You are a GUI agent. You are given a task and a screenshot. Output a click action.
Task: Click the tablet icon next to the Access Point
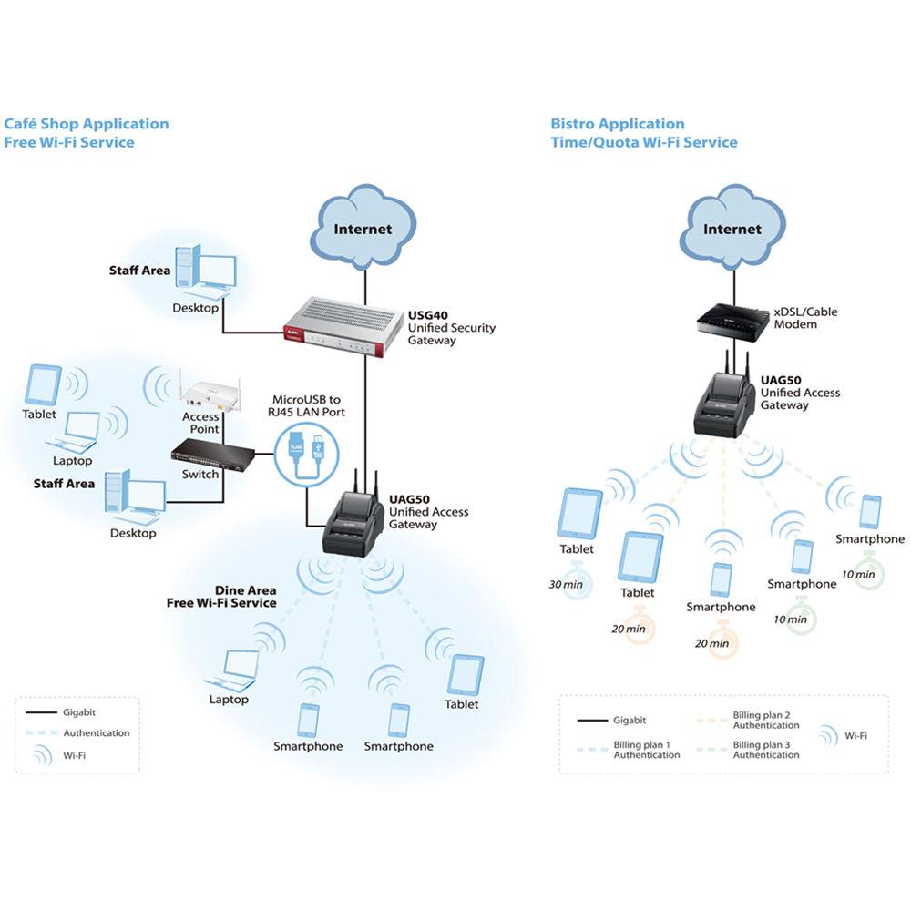click(x=44, y=384)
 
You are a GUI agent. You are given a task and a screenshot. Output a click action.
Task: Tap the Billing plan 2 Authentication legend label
click(x=765, y=721)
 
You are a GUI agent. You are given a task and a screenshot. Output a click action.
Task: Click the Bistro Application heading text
click(x=618, y=124)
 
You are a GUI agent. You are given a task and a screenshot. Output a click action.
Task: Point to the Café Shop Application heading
click(x=87, y=124)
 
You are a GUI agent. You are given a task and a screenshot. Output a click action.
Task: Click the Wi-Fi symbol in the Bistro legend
click(x=828, y=735)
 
